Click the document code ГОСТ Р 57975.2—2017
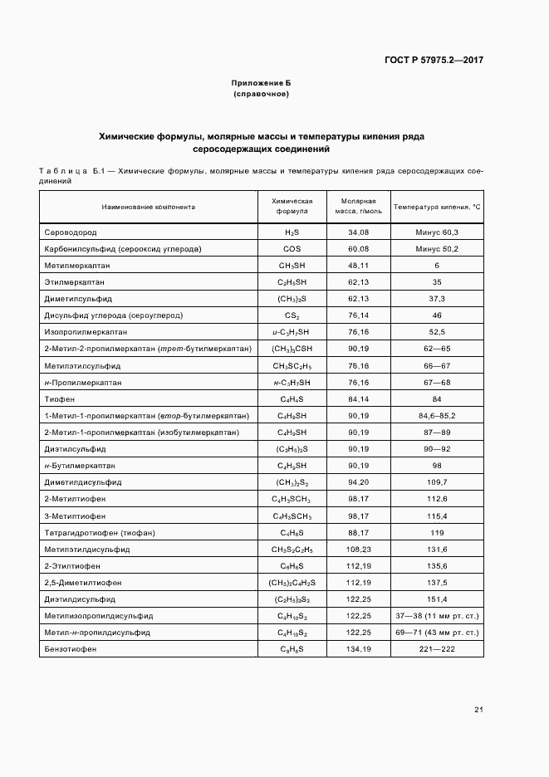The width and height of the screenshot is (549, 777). point(434,60)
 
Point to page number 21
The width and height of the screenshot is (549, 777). point(478,709)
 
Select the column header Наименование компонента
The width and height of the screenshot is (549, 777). point(148,206)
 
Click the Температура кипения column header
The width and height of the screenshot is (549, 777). point(437,206)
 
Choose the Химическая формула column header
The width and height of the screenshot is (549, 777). point(292,206)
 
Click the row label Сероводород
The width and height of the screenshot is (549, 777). point(71,232)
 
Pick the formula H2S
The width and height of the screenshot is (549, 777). point(292,232)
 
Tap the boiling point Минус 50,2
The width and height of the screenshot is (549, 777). point(437,249)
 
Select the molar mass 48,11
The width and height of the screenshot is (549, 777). point(359,266)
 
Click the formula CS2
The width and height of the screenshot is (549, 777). point(292,315)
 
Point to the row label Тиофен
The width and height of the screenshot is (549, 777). point(59,399)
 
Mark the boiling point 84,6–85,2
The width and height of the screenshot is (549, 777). point(437,416)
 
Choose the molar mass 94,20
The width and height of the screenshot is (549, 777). point(359,482)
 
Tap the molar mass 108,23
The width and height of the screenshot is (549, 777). point(359,549)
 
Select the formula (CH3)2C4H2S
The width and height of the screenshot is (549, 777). point(292,583)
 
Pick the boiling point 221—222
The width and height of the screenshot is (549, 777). point(437,649)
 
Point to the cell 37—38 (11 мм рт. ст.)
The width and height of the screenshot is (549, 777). point(437,616)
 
